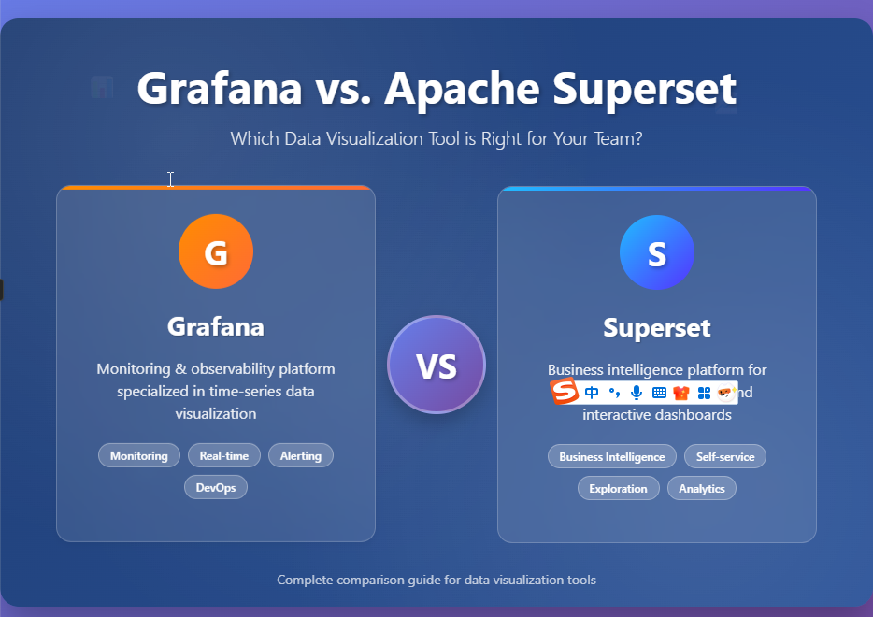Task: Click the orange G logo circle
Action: tap(216, 252)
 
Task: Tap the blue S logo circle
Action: tap(657, 252)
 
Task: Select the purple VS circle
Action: tap(436, 365)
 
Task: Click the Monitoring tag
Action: tap(139, 456)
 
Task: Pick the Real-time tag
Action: tap(224, 456)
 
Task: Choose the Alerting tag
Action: tap(301, 456)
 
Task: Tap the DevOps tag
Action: tap(216, 488)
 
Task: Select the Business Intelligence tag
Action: tap(612, 457)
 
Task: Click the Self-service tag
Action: tap(725, 457)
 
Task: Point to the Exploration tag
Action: tap(618, 489)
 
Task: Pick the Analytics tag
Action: tap(702, 489)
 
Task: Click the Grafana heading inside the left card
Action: tap(216, 326)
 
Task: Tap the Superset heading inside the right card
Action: tap(657, 328)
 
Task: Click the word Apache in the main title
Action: tap(462, 89)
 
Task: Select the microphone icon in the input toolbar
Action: tap(637, 393)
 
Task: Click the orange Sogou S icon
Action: tap(564, 393)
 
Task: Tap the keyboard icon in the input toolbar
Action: tap(659, 393)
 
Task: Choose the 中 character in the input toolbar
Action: tap(591, 393)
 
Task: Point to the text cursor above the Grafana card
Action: tap(170, 179)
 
